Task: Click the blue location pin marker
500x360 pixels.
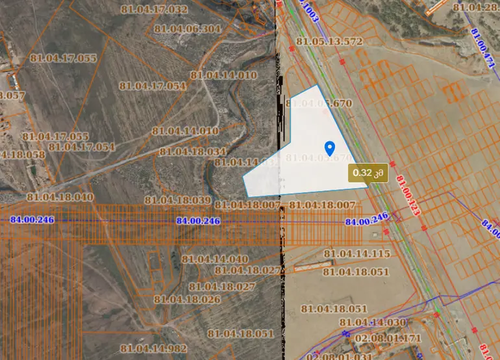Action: [329, 148]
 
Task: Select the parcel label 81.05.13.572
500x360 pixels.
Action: [329, 42]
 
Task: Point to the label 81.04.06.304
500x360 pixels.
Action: [188, 29]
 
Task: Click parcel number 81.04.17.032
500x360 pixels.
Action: [155, 9]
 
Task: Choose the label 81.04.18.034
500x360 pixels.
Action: [193, 151]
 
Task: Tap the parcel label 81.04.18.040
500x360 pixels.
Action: [60, 196]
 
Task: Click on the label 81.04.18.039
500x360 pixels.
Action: [177, 200]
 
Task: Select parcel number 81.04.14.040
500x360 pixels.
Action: [215, 258]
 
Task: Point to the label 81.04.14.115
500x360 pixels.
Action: [356, 253]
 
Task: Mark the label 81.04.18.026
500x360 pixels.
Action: [188, 299]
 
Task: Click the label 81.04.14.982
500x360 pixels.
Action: [154, 348]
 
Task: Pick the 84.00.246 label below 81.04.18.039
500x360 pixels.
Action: [198, 221]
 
